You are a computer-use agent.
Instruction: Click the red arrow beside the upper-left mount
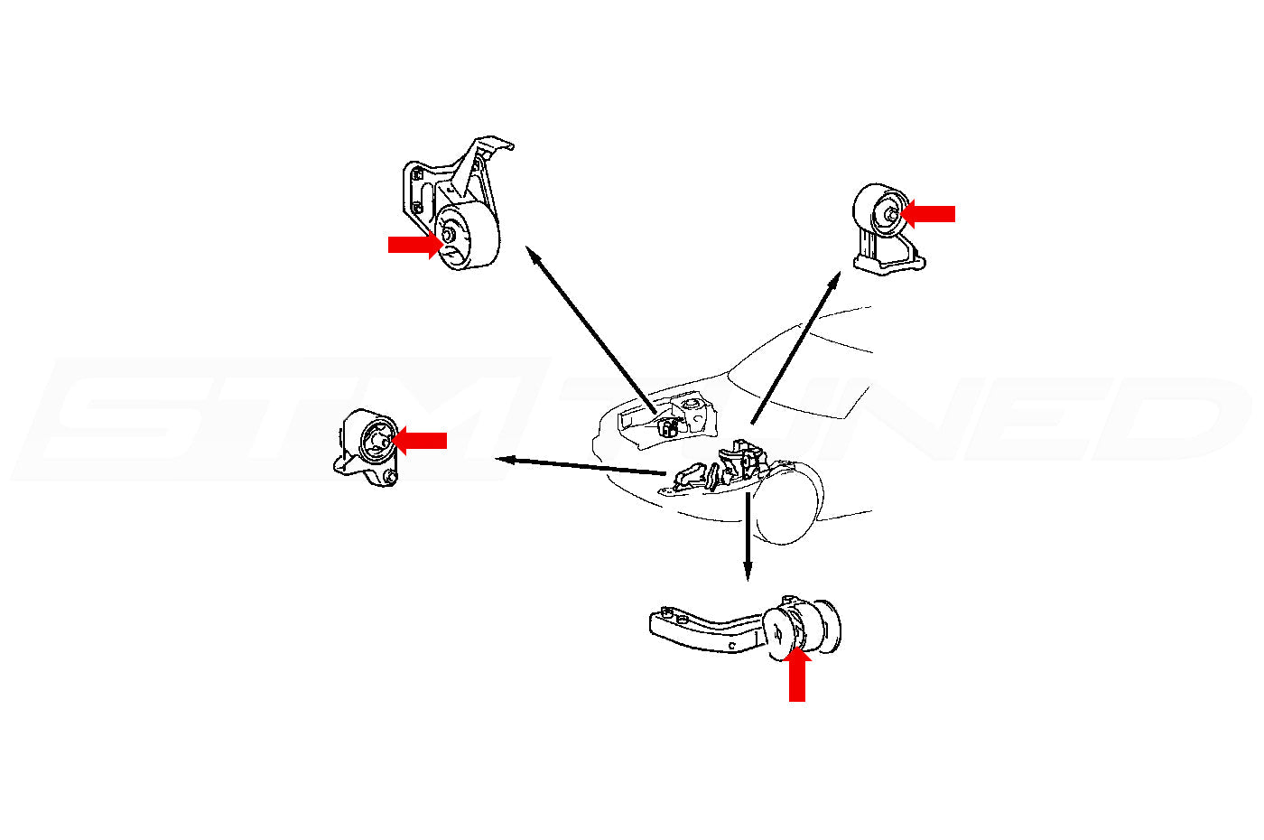(413, 244)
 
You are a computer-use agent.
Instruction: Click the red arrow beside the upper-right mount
(930, 214)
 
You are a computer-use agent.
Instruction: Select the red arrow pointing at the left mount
(420, 440)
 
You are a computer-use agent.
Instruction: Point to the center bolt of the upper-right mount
(890, 214)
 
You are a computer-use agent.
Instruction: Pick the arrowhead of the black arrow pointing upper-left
(534, 257)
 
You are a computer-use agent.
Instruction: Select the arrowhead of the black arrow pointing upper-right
(834, 283)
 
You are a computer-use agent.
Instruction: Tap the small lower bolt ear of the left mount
(390, 478)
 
